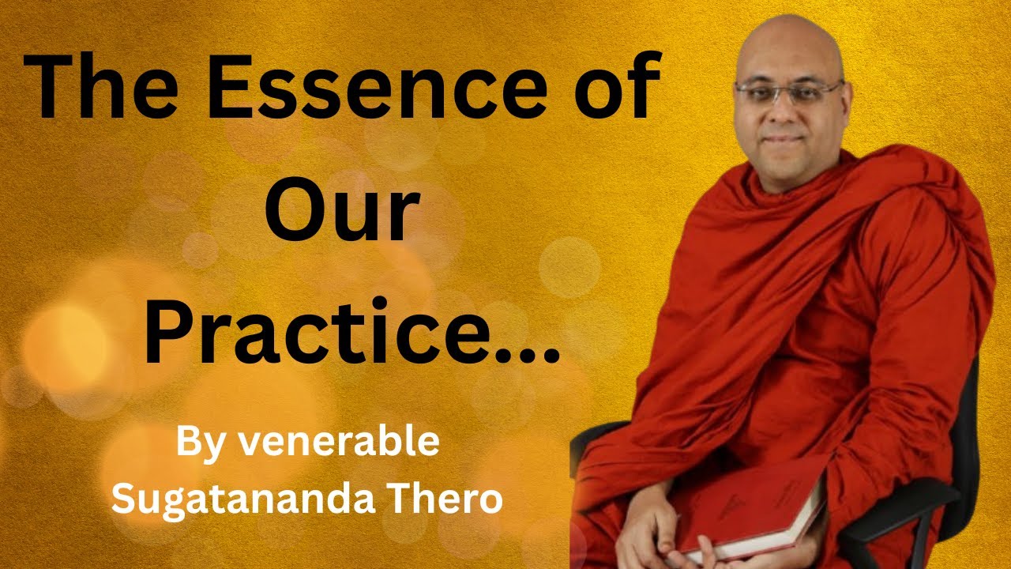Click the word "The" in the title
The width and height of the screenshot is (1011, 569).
[x=100, y=86]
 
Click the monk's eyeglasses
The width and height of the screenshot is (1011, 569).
[x=789, y=93]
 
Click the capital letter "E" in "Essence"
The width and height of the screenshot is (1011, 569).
[x=229, y=86]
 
